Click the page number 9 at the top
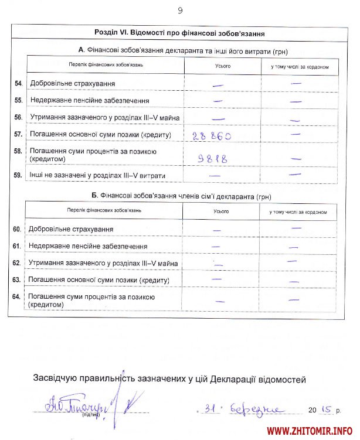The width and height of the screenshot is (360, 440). click(x=180, y=11)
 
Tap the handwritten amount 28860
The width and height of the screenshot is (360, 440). click(x=211, y=135)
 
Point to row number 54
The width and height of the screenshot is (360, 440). click(x=18, y=84)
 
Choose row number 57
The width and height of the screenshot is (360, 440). click(x=18, y=135)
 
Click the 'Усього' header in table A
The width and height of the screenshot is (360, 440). click(x=223, y=66)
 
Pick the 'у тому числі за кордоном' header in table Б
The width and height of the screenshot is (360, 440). click(x=298, y=212)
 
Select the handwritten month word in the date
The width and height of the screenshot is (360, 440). click(x=258, y=409)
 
